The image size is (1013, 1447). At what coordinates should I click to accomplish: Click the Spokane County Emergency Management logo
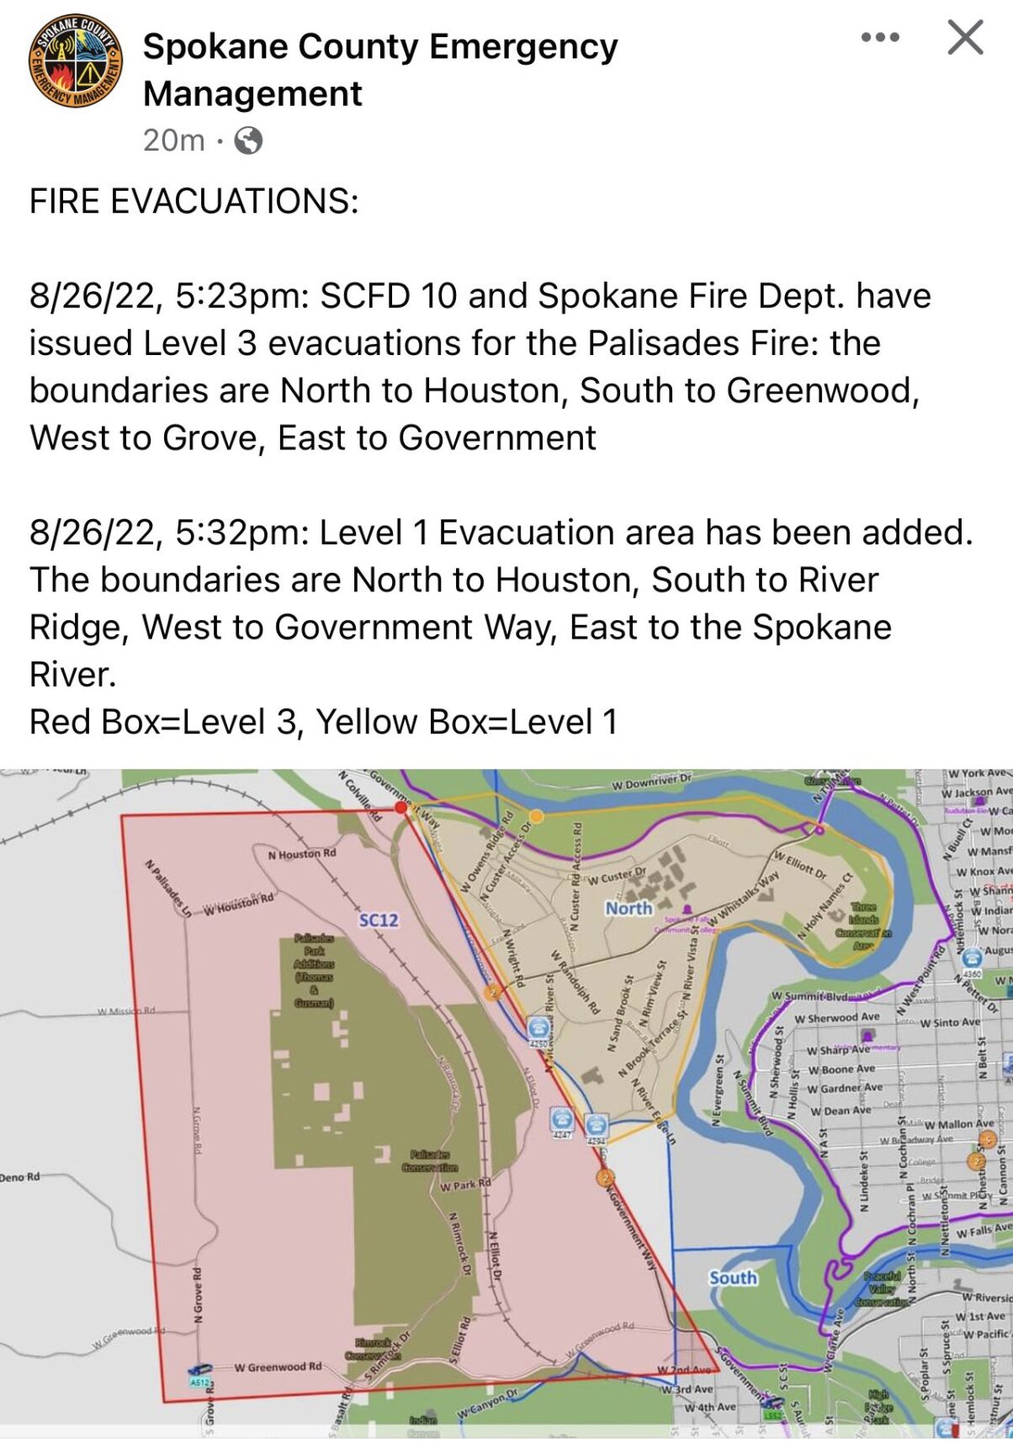pos(76,61)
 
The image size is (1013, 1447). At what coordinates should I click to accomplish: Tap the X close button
pos(965,38)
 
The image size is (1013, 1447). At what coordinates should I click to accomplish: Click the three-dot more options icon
pos(880,38)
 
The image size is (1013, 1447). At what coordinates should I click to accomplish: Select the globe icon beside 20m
pos(248,140)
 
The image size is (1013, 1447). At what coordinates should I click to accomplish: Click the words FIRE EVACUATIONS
pos(194,202)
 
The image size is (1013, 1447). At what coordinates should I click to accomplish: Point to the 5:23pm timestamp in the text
pos(243,296)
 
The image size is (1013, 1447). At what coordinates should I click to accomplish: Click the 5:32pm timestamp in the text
pos(243,533)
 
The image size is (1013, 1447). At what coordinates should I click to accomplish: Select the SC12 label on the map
pos(379,920)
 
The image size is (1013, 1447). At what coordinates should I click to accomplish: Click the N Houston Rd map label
pos(301,854)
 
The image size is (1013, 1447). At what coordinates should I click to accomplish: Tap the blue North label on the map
pos(628,909)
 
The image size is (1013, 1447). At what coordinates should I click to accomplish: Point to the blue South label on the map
pos(733,1278)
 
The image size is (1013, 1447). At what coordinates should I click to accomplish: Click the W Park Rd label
pos(465,1185)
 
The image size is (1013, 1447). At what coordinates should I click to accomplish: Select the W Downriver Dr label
pos(651,782)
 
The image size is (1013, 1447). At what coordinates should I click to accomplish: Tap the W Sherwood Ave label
pos(836,1018)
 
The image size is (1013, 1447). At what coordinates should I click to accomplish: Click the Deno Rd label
pos(20,1176)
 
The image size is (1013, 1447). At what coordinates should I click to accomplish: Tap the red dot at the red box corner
pos(401,808)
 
